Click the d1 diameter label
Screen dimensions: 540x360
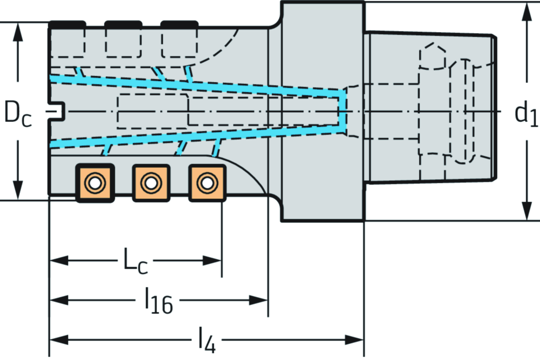point(526,114)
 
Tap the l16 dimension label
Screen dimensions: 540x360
point(158,301)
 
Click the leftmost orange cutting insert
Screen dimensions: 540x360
point(95,183)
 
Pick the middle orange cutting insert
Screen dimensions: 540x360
point(151,183)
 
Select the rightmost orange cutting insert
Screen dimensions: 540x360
point(207,183)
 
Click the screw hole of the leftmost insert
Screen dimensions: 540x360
point(95,183)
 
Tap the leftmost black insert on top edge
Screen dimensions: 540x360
point(67,24)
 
